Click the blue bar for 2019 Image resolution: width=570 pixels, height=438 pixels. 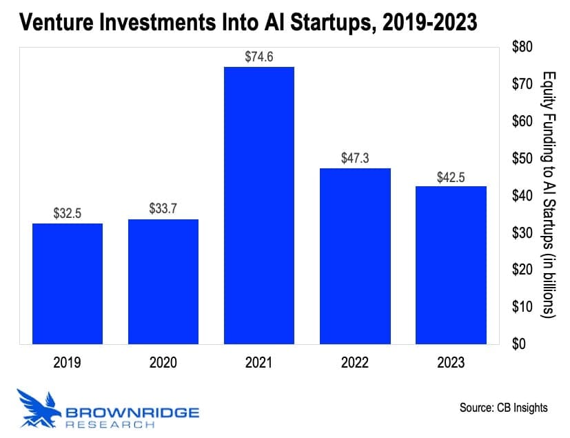click(x=68, y=283)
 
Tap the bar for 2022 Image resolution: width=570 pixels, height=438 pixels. click(x=355, y=256)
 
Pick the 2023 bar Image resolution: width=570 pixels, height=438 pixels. click(x=451, y=265)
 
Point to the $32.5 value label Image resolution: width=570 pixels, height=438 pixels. click(x=68, y=214)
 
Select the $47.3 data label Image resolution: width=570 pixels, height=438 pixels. click(x=355, y=159)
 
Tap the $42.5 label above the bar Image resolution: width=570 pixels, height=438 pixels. click(x=451, y=177)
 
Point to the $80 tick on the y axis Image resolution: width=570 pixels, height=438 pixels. click(x=523, y=47)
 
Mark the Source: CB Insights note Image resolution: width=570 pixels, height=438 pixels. click(x=503, y=408)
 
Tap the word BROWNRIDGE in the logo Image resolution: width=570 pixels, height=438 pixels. click(x=132, y=412)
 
